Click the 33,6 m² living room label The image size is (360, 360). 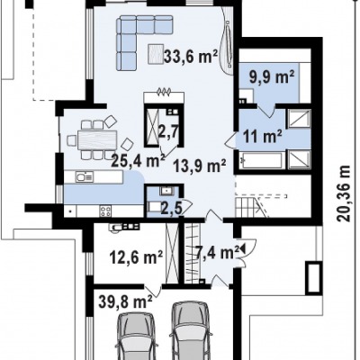pos(190,56)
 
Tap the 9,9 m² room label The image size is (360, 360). pos(272,77)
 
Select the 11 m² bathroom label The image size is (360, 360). pos(262,137)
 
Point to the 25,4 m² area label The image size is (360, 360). pos(138,160)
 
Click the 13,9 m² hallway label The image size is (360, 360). pos(199,165)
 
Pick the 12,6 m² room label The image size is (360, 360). pos(136,257)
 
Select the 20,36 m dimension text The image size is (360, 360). pos(343,193)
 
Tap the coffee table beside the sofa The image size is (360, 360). pos(156,54)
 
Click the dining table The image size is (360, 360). pos(97,139)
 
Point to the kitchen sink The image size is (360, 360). pos(85,177)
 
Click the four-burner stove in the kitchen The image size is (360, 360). pos(106,211)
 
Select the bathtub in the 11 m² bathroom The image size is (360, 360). pos(261,160)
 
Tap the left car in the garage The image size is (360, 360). pos(136,336)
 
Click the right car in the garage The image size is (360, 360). pos(190,330)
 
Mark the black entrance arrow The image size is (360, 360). pos(242,248)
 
